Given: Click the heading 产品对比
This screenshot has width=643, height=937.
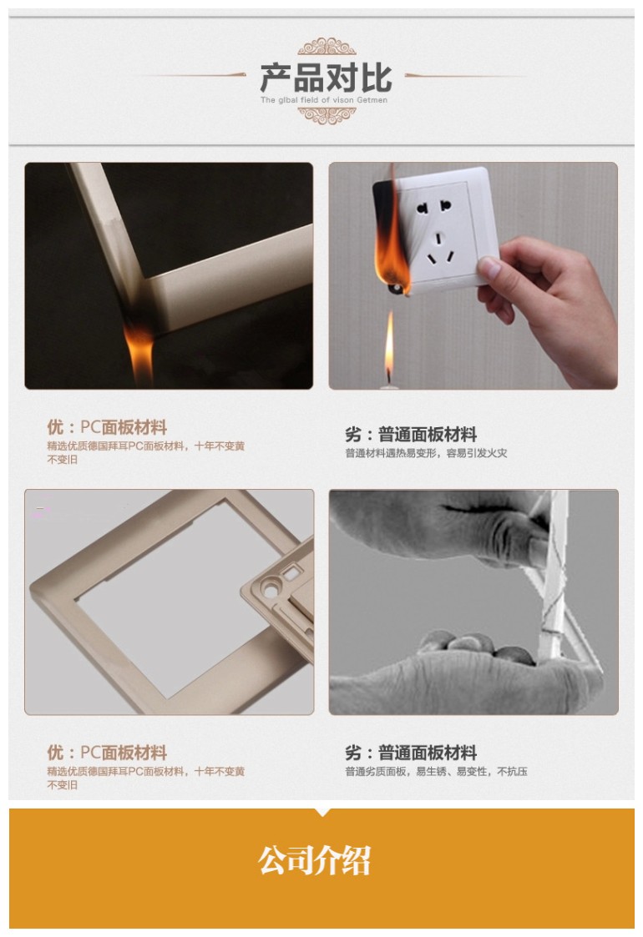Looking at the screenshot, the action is [x=326, y=77].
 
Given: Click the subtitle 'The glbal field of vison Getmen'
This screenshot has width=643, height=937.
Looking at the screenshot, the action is [x=324, y=100].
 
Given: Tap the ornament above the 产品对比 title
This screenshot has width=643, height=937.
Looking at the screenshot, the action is [x=327, y=47].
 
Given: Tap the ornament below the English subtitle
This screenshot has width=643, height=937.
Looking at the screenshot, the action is [x=327, y=115].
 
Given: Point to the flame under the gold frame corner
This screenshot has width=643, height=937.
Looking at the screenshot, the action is [x=138, y=346].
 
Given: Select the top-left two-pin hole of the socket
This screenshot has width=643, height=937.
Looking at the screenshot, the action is [x=423, y=208].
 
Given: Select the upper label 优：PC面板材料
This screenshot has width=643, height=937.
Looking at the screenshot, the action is [x=107, y=426].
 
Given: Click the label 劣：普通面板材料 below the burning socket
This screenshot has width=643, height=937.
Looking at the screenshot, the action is [x=411, y=434].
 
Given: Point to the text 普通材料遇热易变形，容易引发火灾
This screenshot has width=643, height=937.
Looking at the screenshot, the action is [x=426, y=453].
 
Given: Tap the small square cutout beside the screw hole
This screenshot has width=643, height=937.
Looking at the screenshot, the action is [x=291, y=573].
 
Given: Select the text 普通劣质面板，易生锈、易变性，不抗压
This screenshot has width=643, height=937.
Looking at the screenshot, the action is [x=436, y=772].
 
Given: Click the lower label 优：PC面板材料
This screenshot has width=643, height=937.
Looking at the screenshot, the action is [x=107, y=752].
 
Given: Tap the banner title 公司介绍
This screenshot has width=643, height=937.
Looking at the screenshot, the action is [x=314, y=860].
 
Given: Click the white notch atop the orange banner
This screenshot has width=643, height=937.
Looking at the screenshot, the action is [x=322, y=812].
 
